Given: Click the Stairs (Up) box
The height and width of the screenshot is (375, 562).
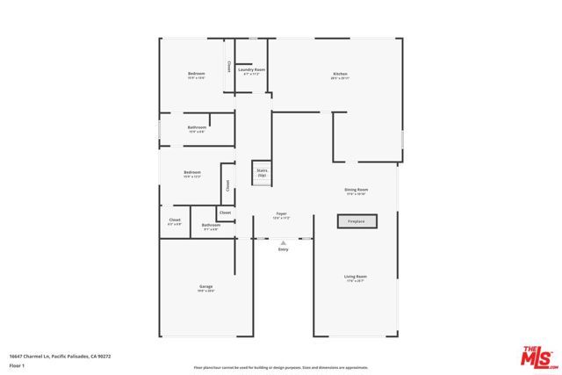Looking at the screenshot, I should tap(262, 172).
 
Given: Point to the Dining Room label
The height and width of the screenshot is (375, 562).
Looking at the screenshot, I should tap(356, 191).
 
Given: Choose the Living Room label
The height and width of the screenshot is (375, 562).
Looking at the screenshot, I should tap(355, 278).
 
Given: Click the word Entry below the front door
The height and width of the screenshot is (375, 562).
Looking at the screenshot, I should tap(283, 249).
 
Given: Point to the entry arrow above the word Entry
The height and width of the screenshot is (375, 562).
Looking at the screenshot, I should tap(283, 242).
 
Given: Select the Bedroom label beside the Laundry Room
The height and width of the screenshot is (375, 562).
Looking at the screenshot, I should tap(197, 74).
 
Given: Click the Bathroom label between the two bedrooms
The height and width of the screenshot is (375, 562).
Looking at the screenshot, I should tap(197, 128).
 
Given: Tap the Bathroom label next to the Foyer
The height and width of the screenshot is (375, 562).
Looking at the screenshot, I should tap(211, 226).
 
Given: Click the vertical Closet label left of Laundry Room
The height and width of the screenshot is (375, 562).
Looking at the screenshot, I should tap(230, 67).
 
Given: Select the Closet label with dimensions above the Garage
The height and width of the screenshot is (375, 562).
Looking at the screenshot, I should tap(175, 220).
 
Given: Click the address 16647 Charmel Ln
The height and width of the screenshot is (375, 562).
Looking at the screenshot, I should tap(30, 356).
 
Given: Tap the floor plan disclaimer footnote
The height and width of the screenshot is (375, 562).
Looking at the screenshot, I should tap(281, 367).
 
